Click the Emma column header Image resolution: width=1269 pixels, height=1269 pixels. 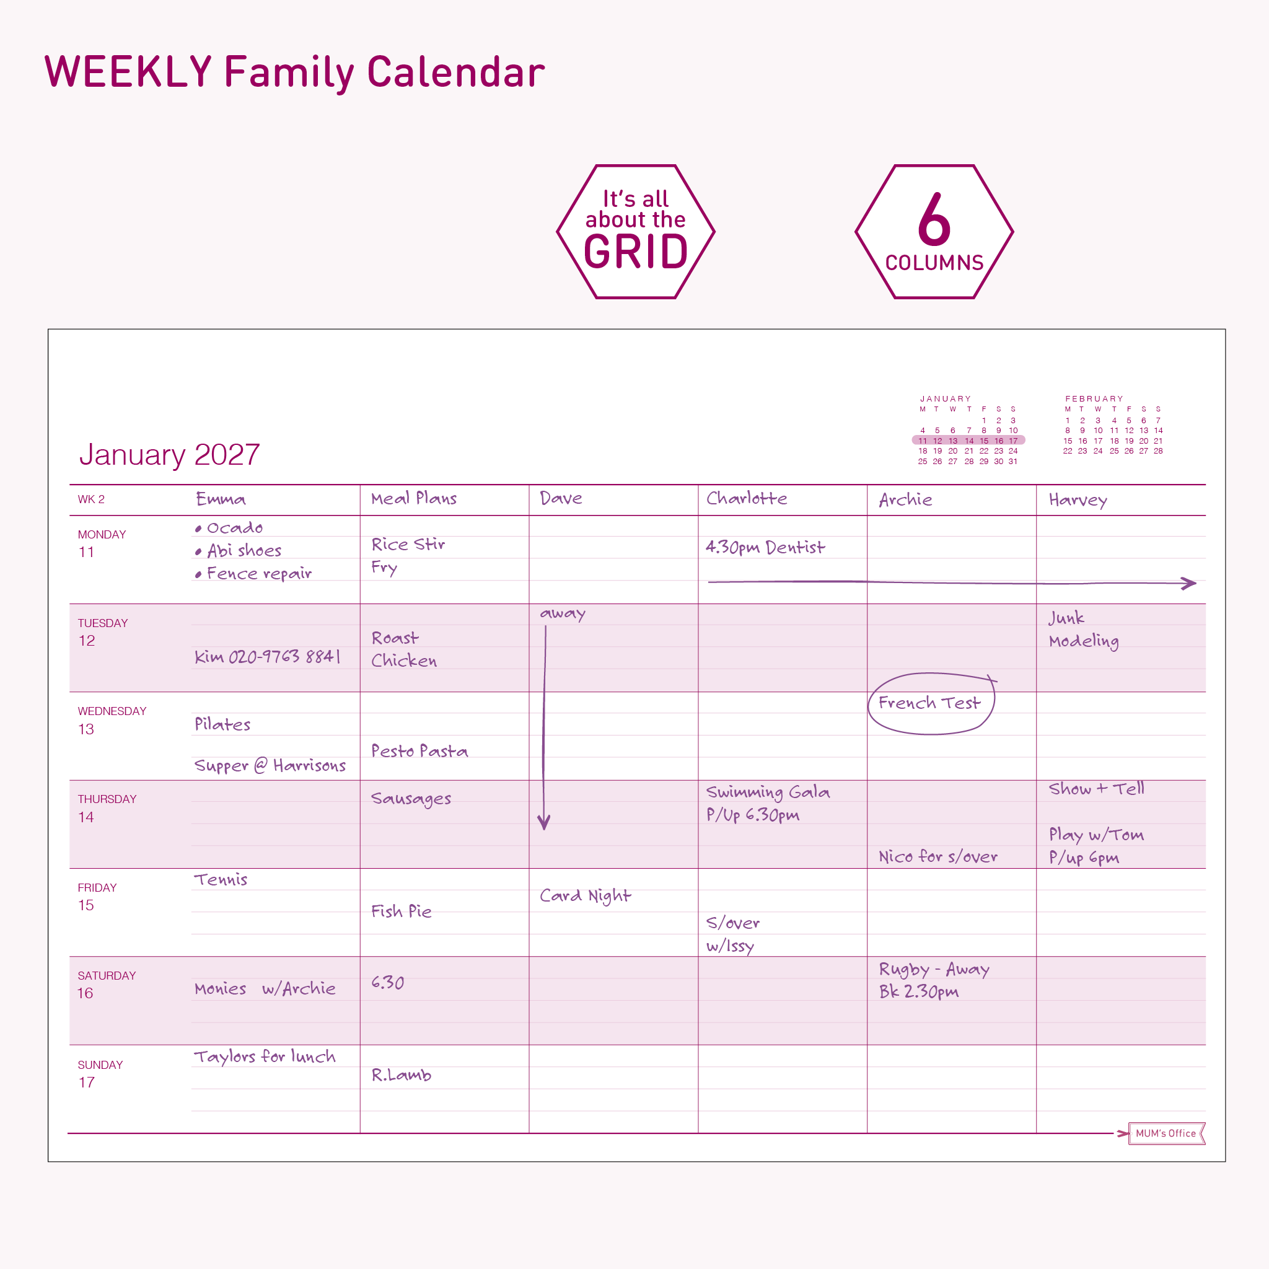(221, 499)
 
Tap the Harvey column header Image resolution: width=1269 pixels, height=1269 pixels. (1078, 501)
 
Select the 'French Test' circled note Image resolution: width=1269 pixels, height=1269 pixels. (929, 703)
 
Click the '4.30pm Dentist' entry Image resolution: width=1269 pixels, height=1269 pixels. (765, 547)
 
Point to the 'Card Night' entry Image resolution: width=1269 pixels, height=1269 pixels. (585, 896)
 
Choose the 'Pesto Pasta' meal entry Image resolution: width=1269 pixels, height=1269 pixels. (419, 751)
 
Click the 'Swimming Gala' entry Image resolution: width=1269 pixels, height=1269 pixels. (768, 793)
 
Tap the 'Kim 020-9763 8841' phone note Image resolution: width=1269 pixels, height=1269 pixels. (267, 656)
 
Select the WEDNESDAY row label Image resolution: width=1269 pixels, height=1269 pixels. (112, 711)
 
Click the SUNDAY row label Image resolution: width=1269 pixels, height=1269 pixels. (100, 1065)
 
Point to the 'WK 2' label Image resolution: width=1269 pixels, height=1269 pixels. (91, 499)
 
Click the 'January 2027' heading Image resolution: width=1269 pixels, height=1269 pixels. (169, 455)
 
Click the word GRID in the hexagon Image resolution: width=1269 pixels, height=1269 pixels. (636, 252)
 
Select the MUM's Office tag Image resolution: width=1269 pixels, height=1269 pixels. (1167, 1133)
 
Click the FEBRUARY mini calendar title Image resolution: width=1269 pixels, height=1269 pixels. (1094, 398)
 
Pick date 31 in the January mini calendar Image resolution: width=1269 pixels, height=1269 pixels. (1013, 462)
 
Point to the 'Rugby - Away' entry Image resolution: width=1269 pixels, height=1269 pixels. (934, 970)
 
